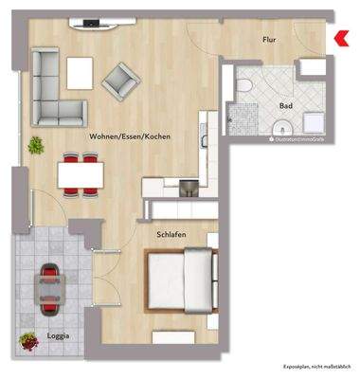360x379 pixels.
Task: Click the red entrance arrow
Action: coord(340,38)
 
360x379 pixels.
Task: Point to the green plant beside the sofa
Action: coord(36,145)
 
